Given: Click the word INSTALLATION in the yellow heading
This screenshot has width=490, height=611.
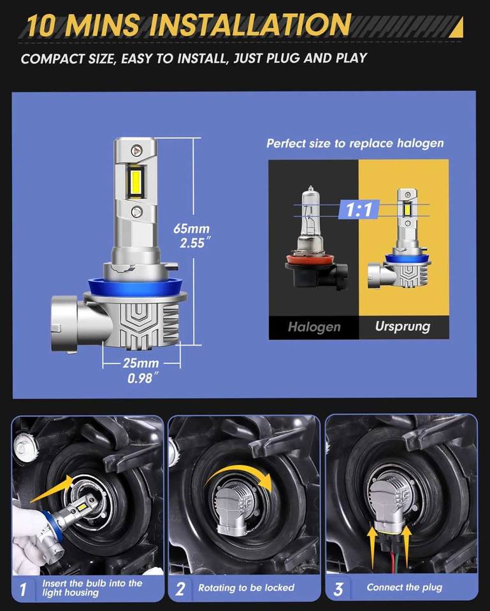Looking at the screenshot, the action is click(x=250, y=25).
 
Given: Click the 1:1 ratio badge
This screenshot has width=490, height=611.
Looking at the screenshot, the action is click(x=359, y=209).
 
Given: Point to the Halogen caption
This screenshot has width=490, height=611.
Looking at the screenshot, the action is click(x=314, y=327).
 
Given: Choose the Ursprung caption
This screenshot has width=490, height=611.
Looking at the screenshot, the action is click(x=403, y=327).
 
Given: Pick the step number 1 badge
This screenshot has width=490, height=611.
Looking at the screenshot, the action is click(x=24, y=589).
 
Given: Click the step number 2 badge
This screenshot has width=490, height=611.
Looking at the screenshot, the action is click(x=180, y=588).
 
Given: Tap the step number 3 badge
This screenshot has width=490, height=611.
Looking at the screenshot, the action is click(x=338, y=588).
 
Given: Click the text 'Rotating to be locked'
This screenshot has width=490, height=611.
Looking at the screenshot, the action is click(x=246, y=587).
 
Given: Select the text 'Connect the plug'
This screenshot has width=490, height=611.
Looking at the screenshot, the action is click(x=405, y=587).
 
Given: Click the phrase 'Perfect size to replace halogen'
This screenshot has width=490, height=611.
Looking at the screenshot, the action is click(x=355, y=143).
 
